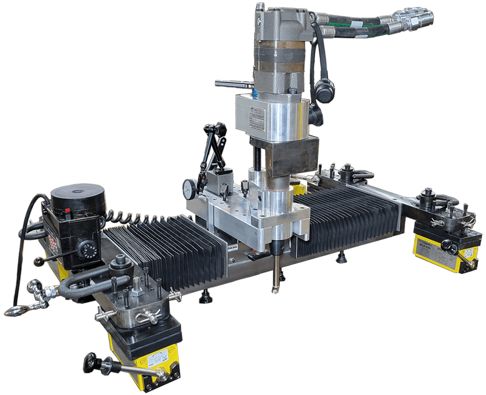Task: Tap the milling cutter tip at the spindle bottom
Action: coord(274,289)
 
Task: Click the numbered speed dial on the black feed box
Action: coord(85,247)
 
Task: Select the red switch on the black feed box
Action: coord(67,212)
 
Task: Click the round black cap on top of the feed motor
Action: coord(78,194)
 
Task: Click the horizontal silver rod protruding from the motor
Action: coord(233,83)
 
